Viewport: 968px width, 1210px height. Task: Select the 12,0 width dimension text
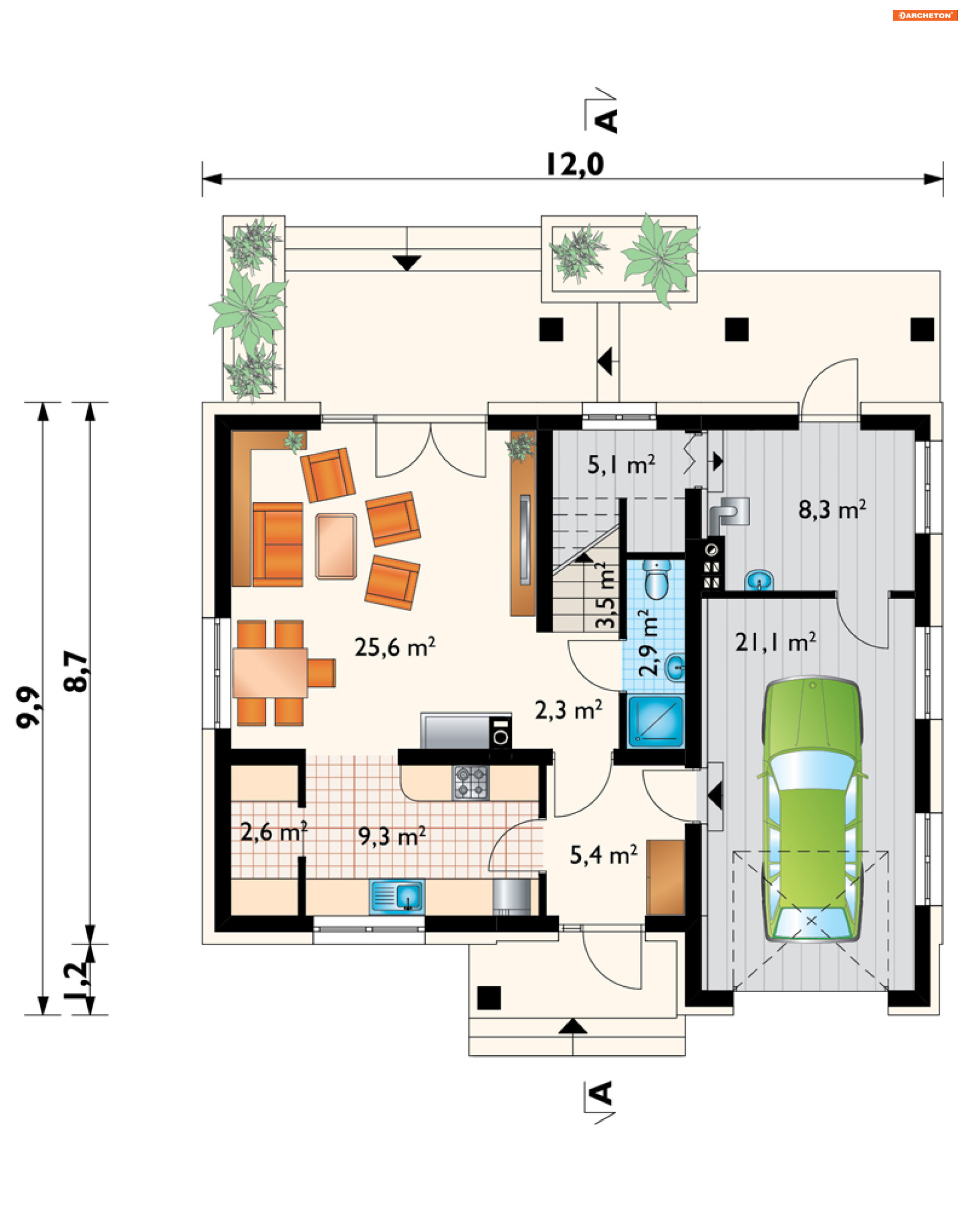click(x=575, y=164)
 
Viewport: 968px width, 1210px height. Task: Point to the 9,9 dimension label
click(x=28, y=707)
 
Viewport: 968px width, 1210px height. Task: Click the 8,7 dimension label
click(x=76, y=671)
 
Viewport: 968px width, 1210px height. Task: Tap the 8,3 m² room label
click(x=832, y=509)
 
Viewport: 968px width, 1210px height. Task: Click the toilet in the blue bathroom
click(x=656, y=579)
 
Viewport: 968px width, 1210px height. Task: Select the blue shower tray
click(x=655, y=722)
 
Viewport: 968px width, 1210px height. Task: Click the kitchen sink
click(x=397, y=896)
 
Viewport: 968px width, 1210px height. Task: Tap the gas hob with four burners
click(x=471, y=782)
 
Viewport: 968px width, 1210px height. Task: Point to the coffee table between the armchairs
click(x=336, y=546)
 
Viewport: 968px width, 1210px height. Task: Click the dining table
click(x=270, y=673)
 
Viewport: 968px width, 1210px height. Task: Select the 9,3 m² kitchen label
click(x=392, y=836)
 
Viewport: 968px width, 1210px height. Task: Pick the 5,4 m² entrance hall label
click(x=604, y=855)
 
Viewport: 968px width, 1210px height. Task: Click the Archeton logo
click(x=925, y=15)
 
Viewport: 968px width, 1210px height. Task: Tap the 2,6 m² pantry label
click(x=274, y=832)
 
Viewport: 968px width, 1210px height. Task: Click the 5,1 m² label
click(x=621, y=465)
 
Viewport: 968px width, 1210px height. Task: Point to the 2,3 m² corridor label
click(x=569, y=710)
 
